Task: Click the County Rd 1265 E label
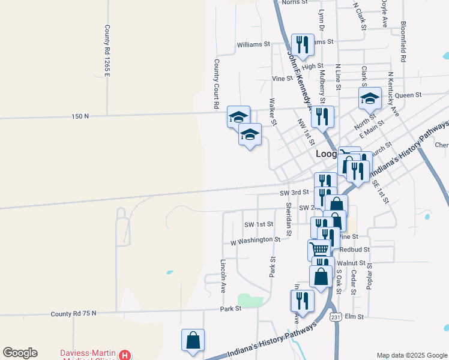point(107,51)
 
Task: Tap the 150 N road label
point(80,116)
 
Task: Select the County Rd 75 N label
point(73,313)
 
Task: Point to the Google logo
point(20,353)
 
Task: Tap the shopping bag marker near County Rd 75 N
point(193,340)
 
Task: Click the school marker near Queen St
point(370,98)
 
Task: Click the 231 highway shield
point(335,317)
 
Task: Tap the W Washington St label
point(256,239)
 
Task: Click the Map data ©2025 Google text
point(411,355)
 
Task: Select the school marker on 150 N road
point(238,116)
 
